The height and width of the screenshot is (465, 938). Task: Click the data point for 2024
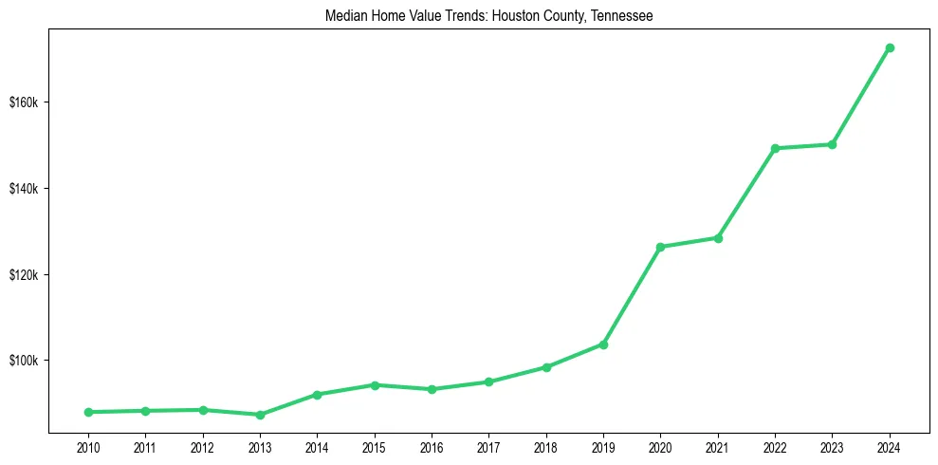(x=890, y=47)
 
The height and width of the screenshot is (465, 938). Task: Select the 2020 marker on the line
(x=661, y=247)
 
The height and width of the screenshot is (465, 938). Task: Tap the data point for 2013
(x=260, y=415)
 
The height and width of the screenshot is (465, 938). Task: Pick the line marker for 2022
(x=775, y=148)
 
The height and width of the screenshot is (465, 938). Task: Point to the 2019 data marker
(x=603, y=344)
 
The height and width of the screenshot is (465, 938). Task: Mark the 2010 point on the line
(x=88, y=412)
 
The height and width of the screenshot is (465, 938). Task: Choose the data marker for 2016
(x=432, y=389)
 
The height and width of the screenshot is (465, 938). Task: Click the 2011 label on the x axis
(x=145, y=447)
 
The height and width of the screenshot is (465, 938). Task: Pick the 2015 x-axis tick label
(x=375, y=447)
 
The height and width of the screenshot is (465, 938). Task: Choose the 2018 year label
(x=546, y=447)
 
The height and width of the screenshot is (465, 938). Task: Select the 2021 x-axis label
(x=718, y=447)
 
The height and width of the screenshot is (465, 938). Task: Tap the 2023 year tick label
(x=832, y=447)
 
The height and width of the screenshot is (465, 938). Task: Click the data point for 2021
(x=718, y=238)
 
